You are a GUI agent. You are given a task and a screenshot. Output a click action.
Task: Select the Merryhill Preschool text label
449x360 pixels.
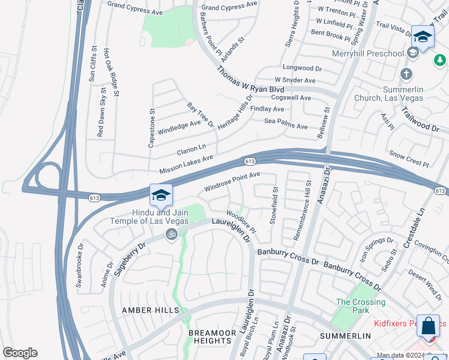click(370, 54)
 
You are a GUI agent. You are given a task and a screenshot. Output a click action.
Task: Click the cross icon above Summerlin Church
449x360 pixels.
click(406, 74)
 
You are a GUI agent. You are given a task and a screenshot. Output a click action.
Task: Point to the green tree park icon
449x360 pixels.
click(440, 60)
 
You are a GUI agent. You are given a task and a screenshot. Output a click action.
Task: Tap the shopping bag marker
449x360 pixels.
click(429, 327)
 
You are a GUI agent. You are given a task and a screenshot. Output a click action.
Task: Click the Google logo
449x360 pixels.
click(20, 353)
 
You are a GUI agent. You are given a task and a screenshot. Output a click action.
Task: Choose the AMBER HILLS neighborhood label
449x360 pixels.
click(150, 310)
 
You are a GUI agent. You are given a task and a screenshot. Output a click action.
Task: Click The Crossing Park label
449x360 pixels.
click(360, 307)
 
